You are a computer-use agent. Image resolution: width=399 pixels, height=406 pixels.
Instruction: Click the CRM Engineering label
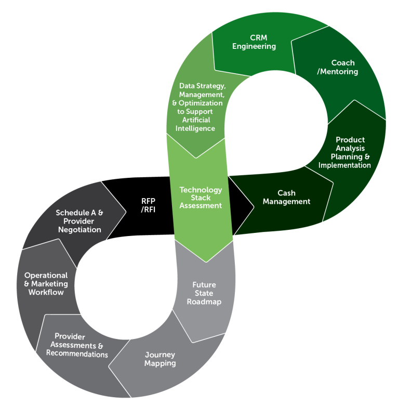(x=254, y=42)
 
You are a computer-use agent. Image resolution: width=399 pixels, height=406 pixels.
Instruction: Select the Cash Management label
(x=286, y=198)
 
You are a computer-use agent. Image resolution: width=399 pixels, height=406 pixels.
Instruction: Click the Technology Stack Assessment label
(x=201, y=198)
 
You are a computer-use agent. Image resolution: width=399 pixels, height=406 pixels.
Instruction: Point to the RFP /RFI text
(x=149, y=205)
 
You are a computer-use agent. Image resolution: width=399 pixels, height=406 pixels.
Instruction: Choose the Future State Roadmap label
(x=204, y=293)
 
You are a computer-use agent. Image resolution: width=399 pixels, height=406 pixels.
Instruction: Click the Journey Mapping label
(x=160, y=359)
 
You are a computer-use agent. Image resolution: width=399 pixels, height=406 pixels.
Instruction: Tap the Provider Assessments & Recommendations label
(x=77, y=345)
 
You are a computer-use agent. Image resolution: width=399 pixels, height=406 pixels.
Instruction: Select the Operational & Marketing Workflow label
(x=46, y=284)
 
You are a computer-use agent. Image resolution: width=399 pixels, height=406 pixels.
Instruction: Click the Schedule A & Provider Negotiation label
(x=79, y=221)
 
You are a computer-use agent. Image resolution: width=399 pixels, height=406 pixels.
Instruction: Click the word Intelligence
(x=195, y=128)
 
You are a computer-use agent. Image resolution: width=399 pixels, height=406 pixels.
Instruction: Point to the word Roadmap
(x=204, y=302)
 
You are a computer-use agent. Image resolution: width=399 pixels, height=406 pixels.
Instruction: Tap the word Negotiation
(x=79, y=230)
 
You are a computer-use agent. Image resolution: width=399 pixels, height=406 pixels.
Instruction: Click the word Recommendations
(x=77, y=354)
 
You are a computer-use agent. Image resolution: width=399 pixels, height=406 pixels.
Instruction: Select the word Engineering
(x=254, y=46)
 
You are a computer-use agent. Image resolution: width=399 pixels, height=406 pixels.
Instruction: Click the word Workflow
(x=46, y=292)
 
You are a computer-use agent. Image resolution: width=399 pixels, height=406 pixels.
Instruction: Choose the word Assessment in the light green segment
(x=201, y=205)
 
